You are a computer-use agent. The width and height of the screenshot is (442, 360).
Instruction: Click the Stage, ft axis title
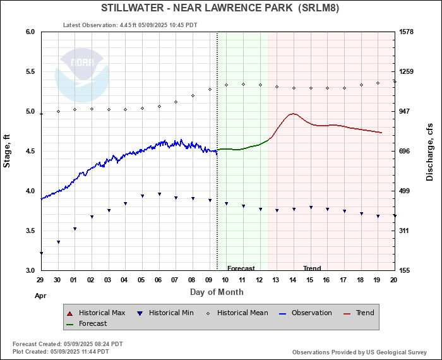[8, 150]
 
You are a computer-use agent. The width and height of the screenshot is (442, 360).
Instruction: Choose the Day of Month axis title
[217, 292]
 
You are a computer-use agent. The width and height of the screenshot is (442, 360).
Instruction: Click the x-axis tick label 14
[292, 280]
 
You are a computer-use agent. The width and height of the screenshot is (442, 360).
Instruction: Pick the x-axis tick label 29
[40, 280]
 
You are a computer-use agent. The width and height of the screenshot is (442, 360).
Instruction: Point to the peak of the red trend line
[292, 114]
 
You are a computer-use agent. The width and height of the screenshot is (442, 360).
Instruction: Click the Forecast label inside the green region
[241, 268]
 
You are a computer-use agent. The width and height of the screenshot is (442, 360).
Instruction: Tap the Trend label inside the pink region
[312, 268]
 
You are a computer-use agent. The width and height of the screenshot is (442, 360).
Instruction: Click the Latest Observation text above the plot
[130, 25]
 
